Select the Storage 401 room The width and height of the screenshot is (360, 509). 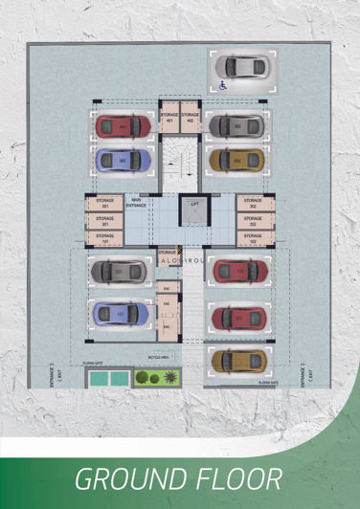(x=169, y=119)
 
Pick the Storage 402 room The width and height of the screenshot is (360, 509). (x=191, y=119)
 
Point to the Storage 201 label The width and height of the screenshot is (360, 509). (x=105, y=219)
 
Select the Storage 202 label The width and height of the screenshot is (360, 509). (x=253, y=219)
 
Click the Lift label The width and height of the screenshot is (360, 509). (x=193, y=205)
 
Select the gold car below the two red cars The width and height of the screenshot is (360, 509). (x=237, y=360)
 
